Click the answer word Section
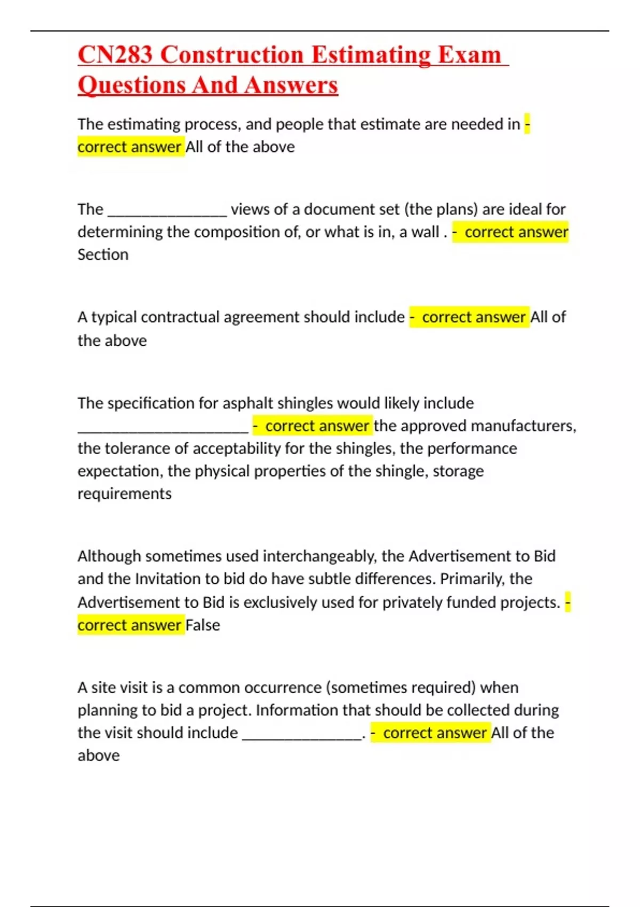(103, 254)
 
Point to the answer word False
(203, 625)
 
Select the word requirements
(124, 494)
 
